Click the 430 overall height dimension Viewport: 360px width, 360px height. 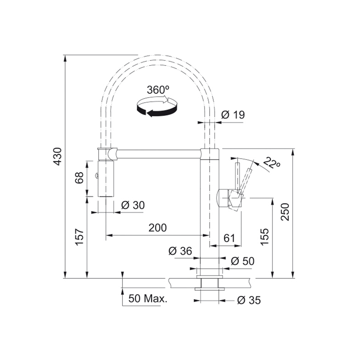pos(57,156)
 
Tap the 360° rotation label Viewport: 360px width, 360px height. pos(158,90)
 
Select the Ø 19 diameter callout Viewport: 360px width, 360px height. pos(233,115)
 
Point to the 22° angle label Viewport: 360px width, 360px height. pos(272,163)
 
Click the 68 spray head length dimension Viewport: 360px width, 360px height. pos(79,177)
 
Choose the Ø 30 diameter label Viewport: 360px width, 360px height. pos(133,205)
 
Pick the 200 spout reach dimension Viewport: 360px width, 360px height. pos(158,228)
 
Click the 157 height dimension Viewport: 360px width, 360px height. pos(80,237)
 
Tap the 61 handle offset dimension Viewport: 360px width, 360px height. pos(229,238)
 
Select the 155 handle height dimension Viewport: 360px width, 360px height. pos(265,237)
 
